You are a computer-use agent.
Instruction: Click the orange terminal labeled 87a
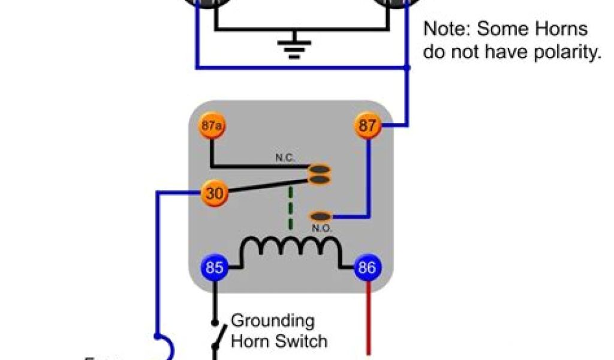(210, 127)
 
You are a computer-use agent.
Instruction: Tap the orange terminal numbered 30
(212, 193)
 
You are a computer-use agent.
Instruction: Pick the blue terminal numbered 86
(367, 268)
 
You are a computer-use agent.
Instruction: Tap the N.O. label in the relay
(322, 229)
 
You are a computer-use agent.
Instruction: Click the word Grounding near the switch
(272, 320)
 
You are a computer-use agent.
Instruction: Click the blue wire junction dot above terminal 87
(408, 68)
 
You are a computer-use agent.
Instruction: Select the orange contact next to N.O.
(321, 216)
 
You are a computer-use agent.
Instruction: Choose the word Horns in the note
(562, 29)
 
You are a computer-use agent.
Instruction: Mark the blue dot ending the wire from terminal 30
(156, 335)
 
